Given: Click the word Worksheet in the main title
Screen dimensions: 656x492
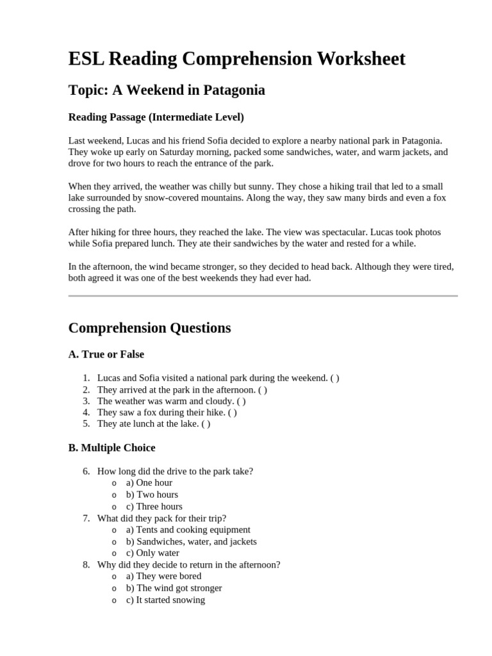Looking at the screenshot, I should [350, 59].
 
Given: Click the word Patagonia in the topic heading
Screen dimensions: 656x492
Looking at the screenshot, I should [234, 90].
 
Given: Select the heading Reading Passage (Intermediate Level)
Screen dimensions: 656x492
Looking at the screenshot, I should [156, 118].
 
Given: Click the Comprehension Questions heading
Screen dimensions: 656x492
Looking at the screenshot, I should [149, 328].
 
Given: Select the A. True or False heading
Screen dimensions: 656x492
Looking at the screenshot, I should [106, 354].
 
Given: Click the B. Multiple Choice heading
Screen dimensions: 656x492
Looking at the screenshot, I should [111, 448].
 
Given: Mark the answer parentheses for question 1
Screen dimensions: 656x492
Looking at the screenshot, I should [335, 378].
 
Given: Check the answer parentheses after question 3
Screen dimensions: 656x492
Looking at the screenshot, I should [241, 401].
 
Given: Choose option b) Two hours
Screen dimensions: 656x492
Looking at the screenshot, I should [152, 495].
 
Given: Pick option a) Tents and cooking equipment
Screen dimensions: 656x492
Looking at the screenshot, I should [188, 530].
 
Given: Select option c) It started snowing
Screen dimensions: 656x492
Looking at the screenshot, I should [165, 600].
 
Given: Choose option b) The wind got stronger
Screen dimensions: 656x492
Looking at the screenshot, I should [174, 588].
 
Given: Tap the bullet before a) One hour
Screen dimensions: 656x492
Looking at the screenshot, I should [114, 483].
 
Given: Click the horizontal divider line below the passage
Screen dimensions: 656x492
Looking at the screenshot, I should [263, 296].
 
